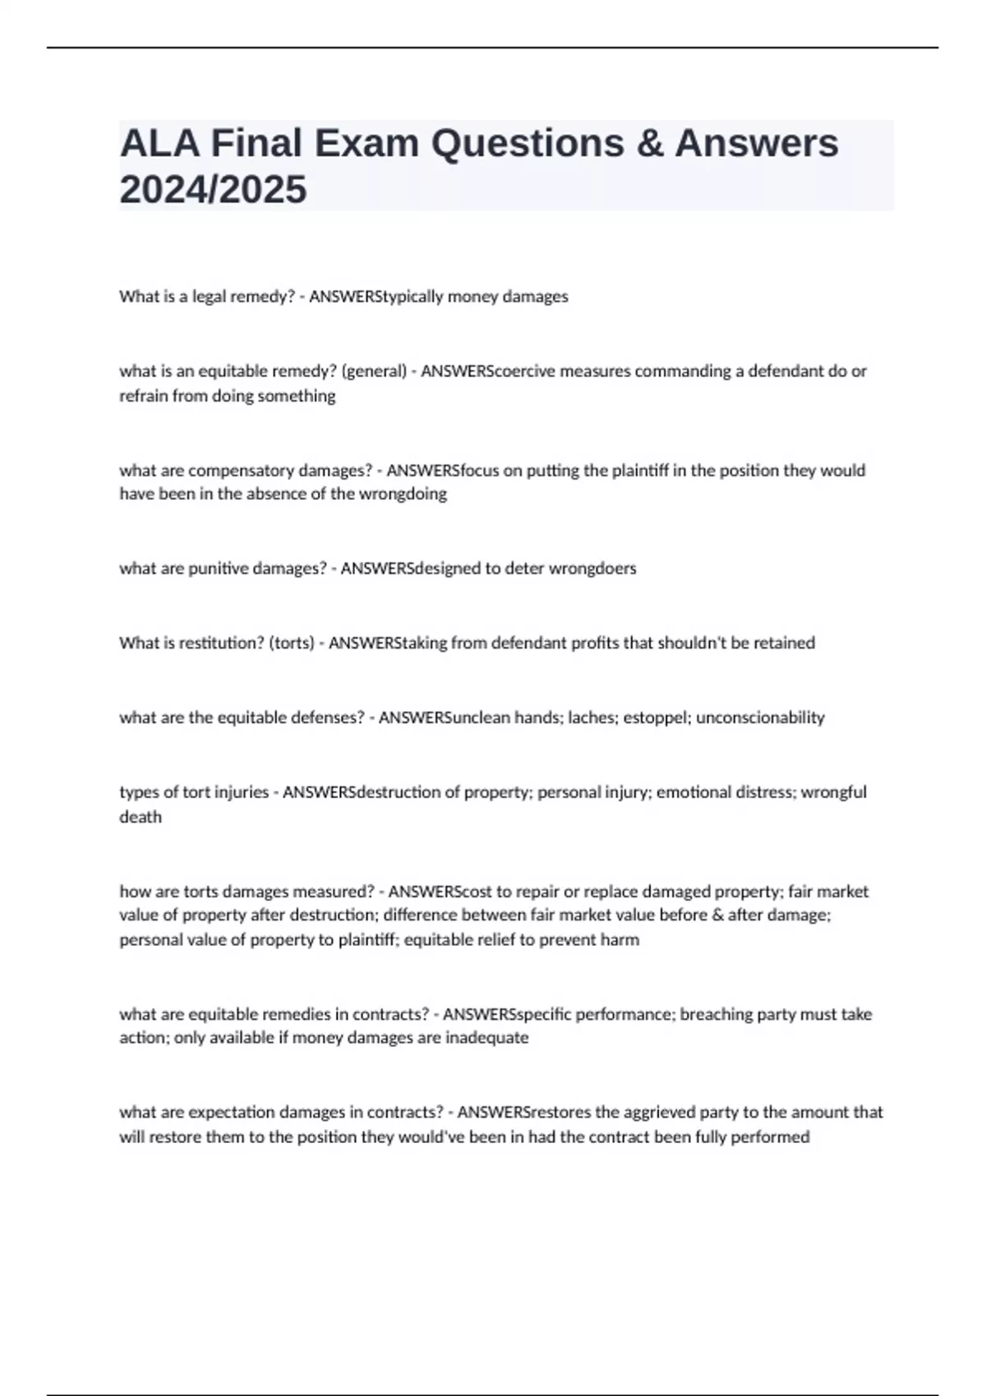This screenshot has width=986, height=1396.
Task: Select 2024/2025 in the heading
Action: [213, 190]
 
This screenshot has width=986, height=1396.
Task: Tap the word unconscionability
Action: [760, 718]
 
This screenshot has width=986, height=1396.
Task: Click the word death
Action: [141, 817]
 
